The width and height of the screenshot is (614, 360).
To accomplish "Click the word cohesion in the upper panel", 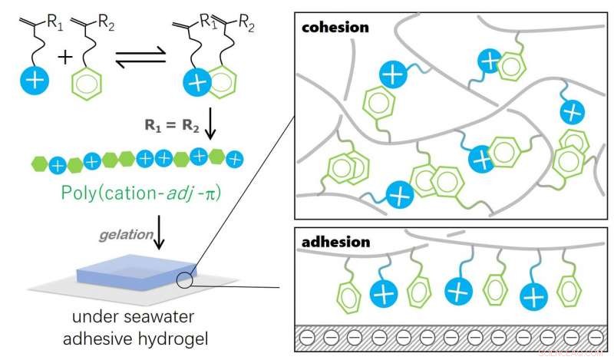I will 335,27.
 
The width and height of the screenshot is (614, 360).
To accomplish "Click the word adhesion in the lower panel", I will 335,241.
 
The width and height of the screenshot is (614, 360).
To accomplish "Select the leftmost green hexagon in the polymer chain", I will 39,163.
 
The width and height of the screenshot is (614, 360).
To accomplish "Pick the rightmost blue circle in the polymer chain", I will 236,157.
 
